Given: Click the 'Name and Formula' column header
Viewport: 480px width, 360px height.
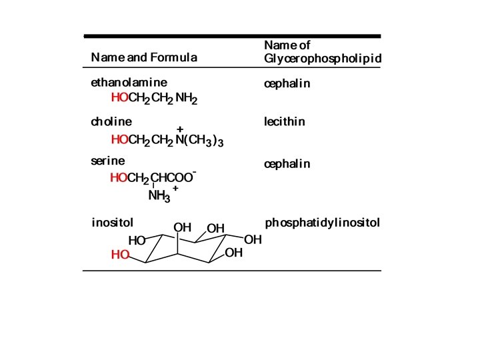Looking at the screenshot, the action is [144, 57].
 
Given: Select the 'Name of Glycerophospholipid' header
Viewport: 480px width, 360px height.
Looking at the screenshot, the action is [323, 52].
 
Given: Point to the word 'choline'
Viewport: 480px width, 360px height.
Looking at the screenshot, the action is [111, 122].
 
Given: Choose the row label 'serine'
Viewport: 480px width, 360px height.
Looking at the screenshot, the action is [108, 161].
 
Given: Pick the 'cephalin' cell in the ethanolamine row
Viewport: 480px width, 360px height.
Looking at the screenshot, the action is [287, 85].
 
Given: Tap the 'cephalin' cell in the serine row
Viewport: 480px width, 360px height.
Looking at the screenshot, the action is [287, 164].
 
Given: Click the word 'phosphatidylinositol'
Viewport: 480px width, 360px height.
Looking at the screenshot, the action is [323, 223].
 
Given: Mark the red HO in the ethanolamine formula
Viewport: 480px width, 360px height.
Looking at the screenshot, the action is [119, 99].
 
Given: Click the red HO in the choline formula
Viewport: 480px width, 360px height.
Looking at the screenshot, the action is [119, 140].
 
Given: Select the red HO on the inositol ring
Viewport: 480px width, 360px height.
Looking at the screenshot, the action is [120, 255].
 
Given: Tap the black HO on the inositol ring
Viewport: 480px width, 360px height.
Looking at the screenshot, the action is [137, 241].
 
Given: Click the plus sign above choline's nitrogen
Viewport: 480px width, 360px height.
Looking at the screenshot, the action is [180, 129].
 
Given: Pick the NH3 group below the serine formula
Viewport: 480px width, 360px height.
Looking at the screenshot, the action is [159, 197].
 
